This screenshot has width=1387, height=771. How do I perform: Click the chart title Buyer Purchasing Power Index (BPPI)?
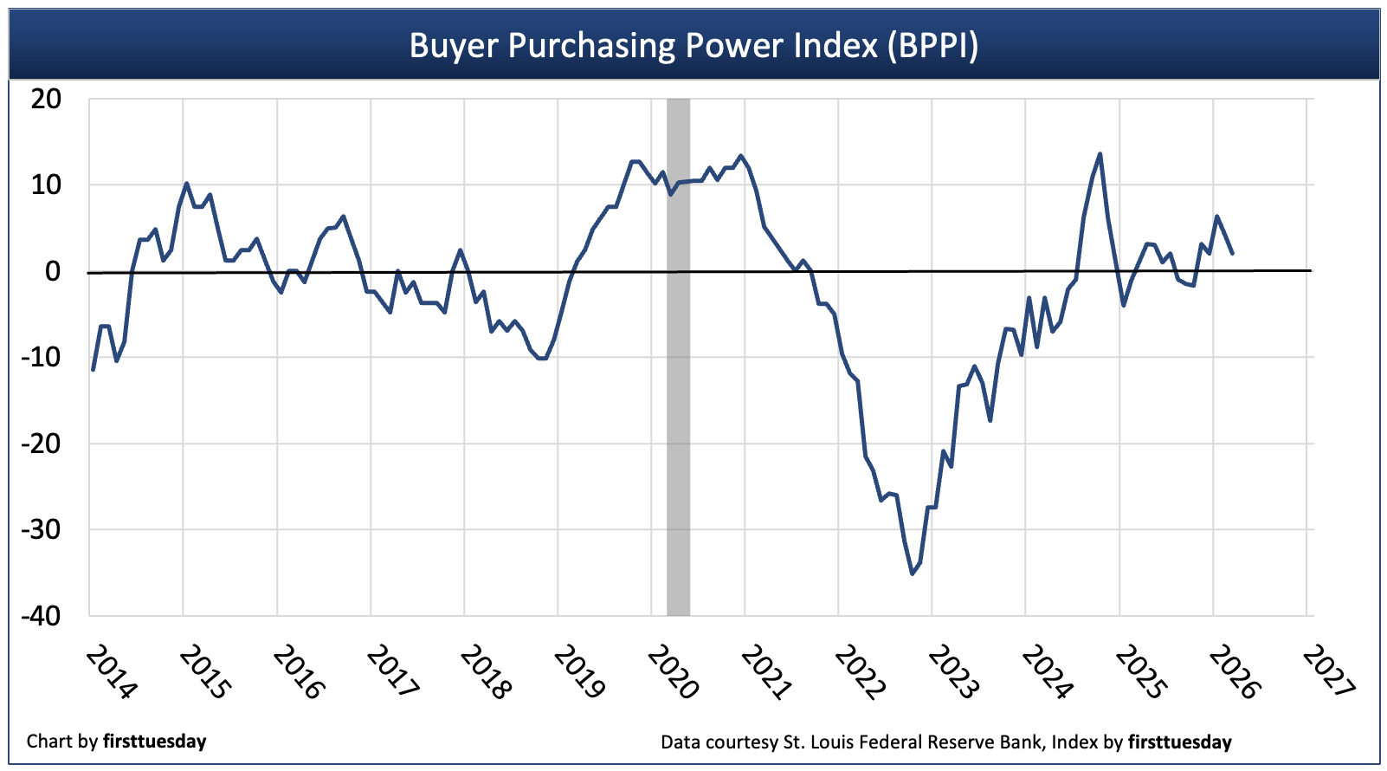point(693,45)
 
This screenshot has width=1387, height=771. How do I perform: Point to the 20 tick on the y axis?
point(46,99)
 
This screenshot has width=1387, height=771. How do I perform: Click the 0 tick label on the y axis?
point(53,271)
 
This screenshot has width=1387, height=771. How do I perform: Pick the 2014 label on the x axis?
point(112,672)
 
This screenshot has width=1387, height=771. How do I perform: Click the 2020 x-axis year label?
point(673,672)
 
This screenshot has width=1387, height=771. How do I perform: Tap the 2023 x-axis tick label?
point(953,672)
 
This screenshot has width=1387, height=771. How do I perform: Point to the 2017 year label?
point(392,672)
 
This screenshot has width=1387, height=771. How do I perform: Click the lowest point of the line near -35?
point(912,573)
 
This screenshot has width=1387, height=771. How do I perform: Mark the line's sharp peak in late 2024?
point(1100,154)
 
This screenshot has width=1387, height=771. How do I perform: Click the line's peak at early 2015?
point(186,184)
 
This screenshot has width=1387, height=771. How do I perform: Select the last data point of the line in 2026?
point(1232,253)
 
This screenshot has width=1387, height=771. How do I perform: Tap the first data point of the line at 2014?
point(93,370)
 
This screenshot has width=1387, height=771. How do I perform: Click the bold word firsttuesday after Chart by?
point(154,742)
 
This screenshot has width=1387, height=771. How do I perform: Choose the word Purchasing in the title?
point(590,45)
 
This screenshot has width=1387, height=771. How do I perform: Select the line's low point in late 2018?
point(542,358)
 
